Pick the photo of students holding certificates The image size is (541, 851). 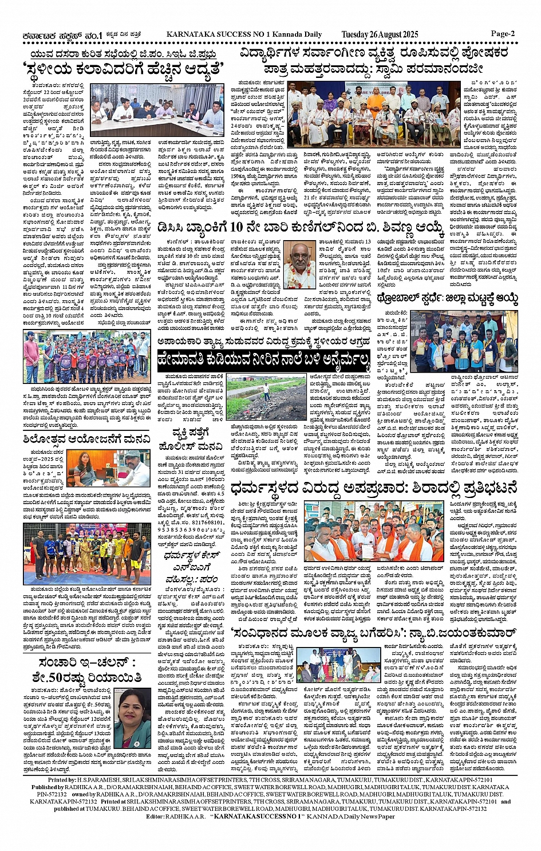[464, 342]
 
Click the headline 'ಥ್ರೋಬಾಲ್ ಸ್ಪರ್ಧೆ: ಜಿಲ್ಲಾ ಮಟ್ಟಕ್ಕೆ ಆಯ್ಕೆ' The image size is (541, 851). [448, 299]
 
